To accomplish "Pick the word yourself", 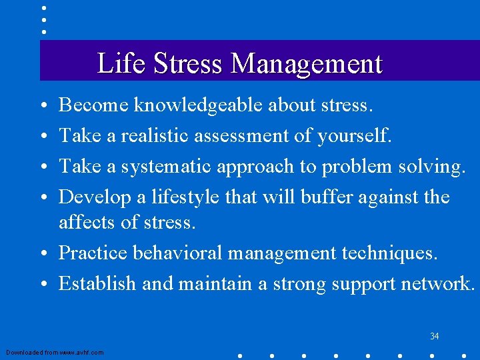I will [x=354, y=136].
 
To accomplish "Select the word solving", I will [x=431, y=167].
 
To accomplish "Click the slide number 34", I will [x=434, y=336].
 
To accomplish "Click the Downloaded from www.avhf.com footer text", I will [x=55, y=352].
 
